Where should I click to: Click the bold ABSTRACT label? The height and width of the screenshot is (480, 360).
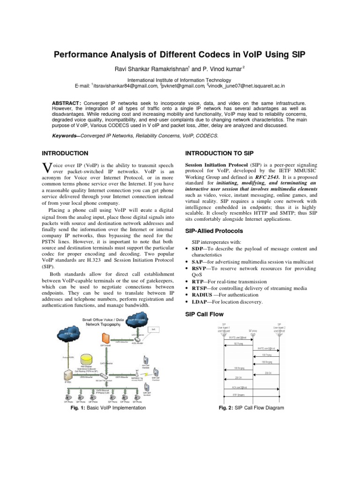coord(67,102)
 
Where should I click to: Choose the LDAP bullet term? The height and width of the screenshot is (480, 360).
coord(198,302)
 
